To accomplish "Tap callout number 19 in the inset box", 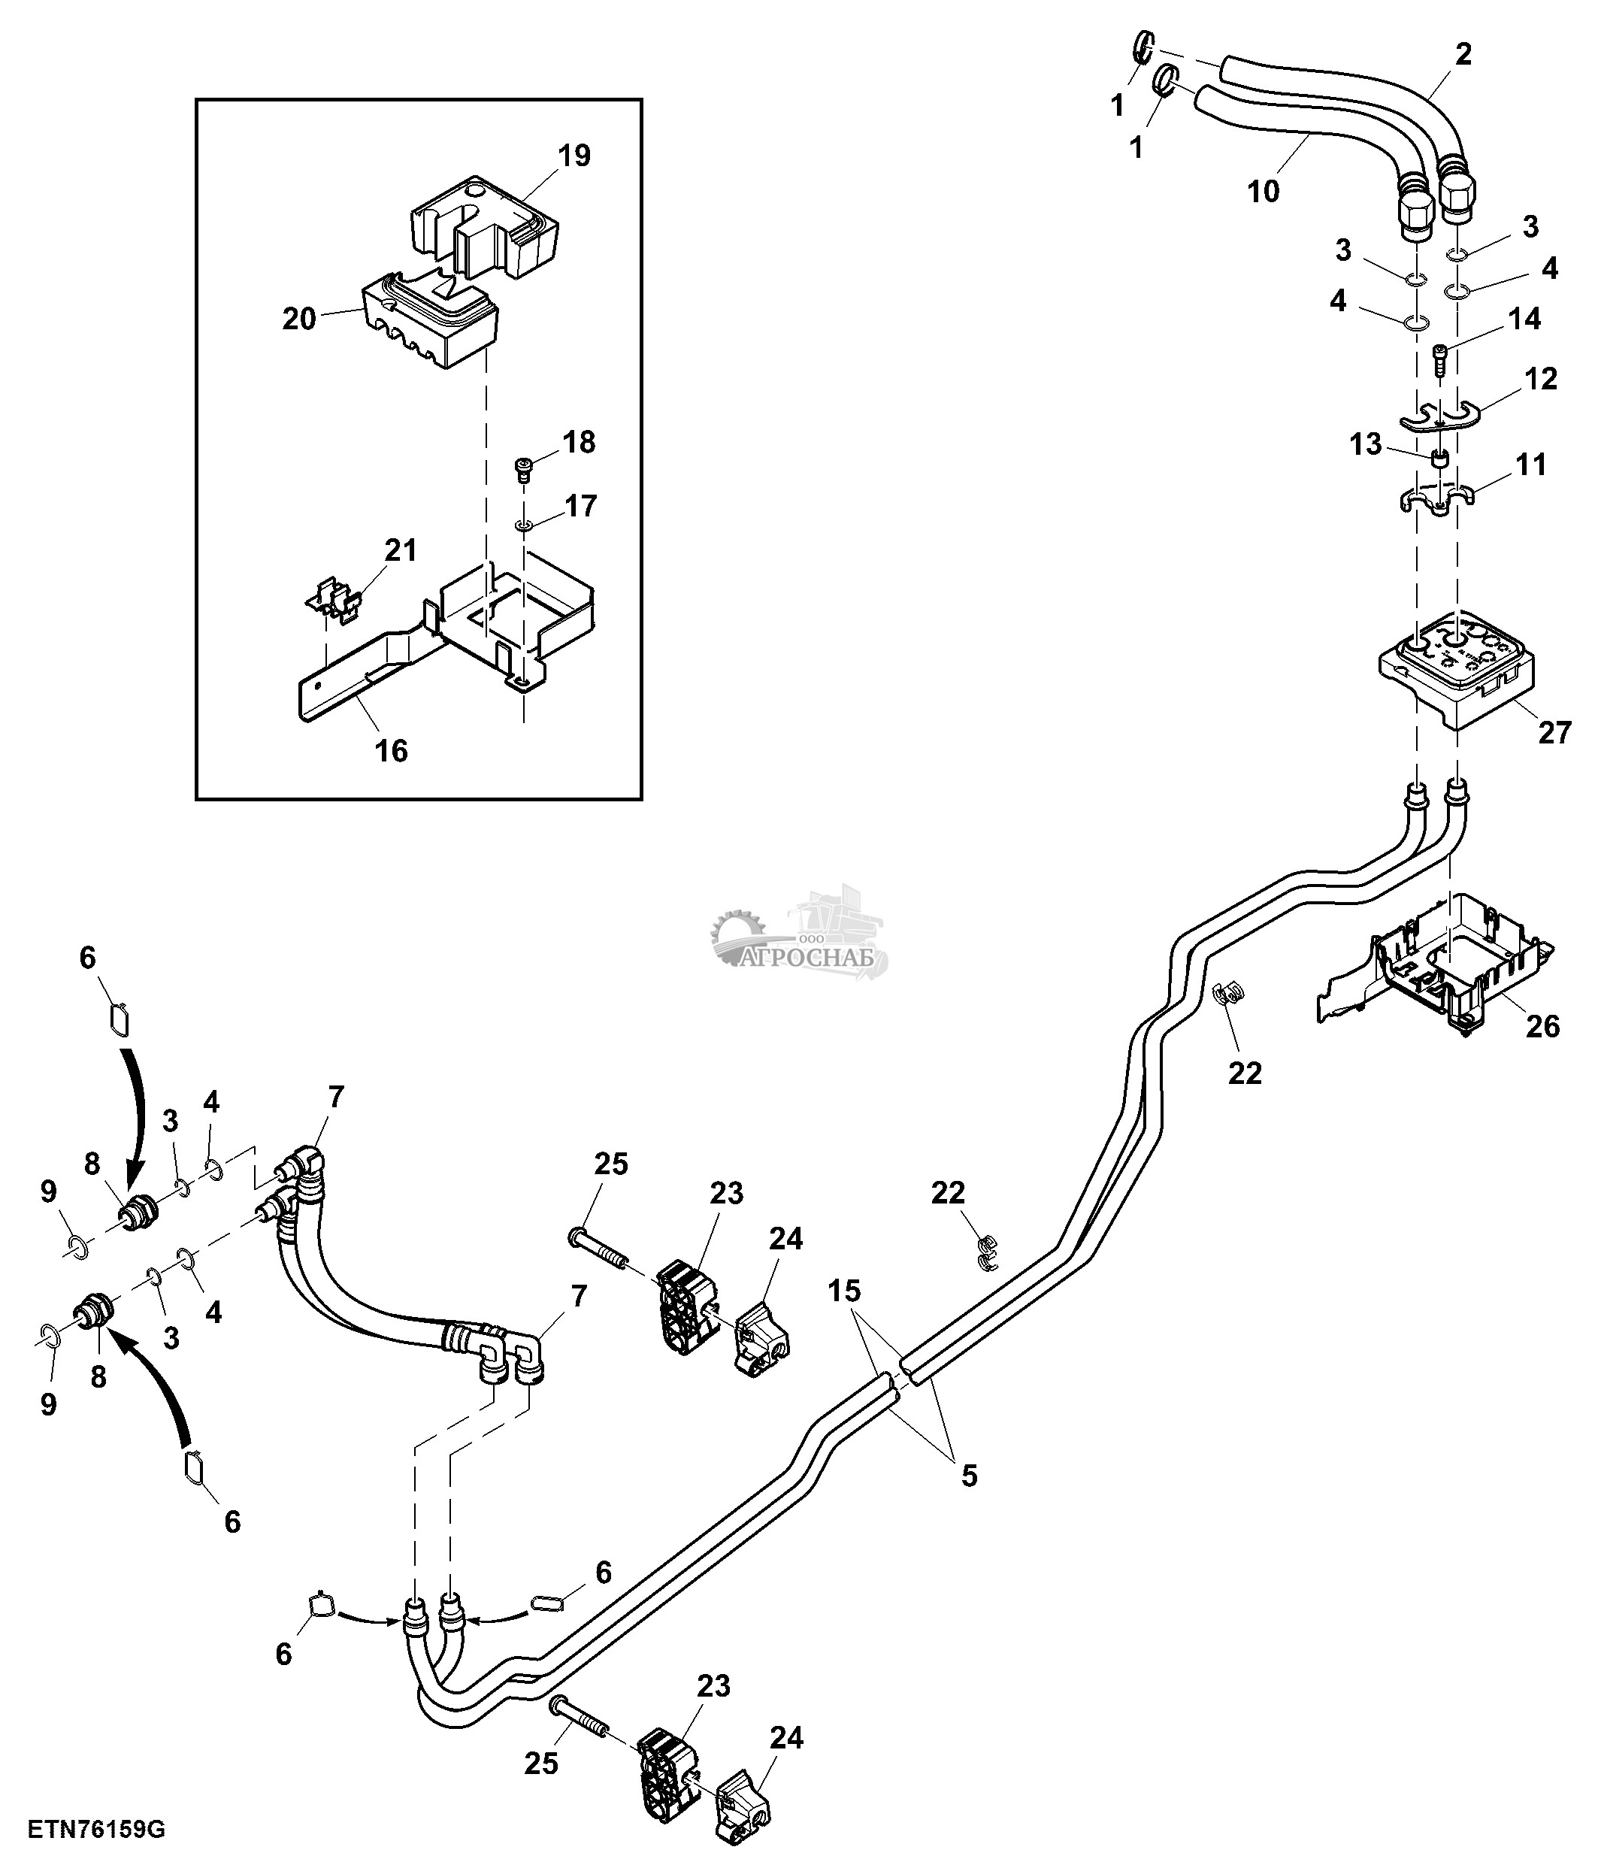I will point(574,156).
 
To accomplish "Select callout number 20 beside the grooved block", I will point(300,319).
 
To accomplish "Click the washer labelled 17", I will point(522,524).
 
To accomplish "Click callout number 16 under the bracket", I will point(392,749).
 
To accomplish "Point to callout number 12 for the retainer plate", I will point(1540,380).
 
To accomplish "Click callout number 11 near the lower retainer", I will point(1530,465).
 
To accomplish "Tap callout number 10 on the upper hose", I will point(1264,191).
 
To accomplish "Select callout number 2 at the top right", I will point(1463,54).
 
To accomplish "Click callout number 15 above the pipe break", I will point(844,1291).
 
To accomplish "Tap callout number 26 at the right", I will point(1542,1026).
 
